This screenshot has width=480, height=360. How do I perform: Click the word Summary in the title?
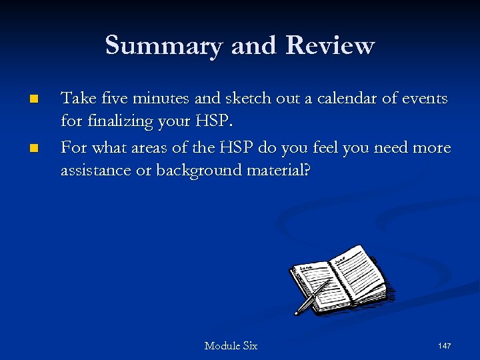(163, 46)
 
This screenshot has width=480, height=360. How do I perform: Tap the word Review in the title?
(329, 46)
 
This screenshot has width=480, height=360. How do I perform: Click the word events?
(425, 99)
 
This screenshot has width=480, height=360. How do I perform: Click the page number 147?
(445, 346)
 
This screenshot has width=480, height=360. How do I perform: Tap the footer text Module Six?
(231, 346)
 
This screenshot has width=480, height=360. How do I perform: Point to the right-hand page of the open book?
(360, 273)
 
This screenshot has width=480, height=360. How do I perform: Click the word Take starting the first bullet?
(77, 99)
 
